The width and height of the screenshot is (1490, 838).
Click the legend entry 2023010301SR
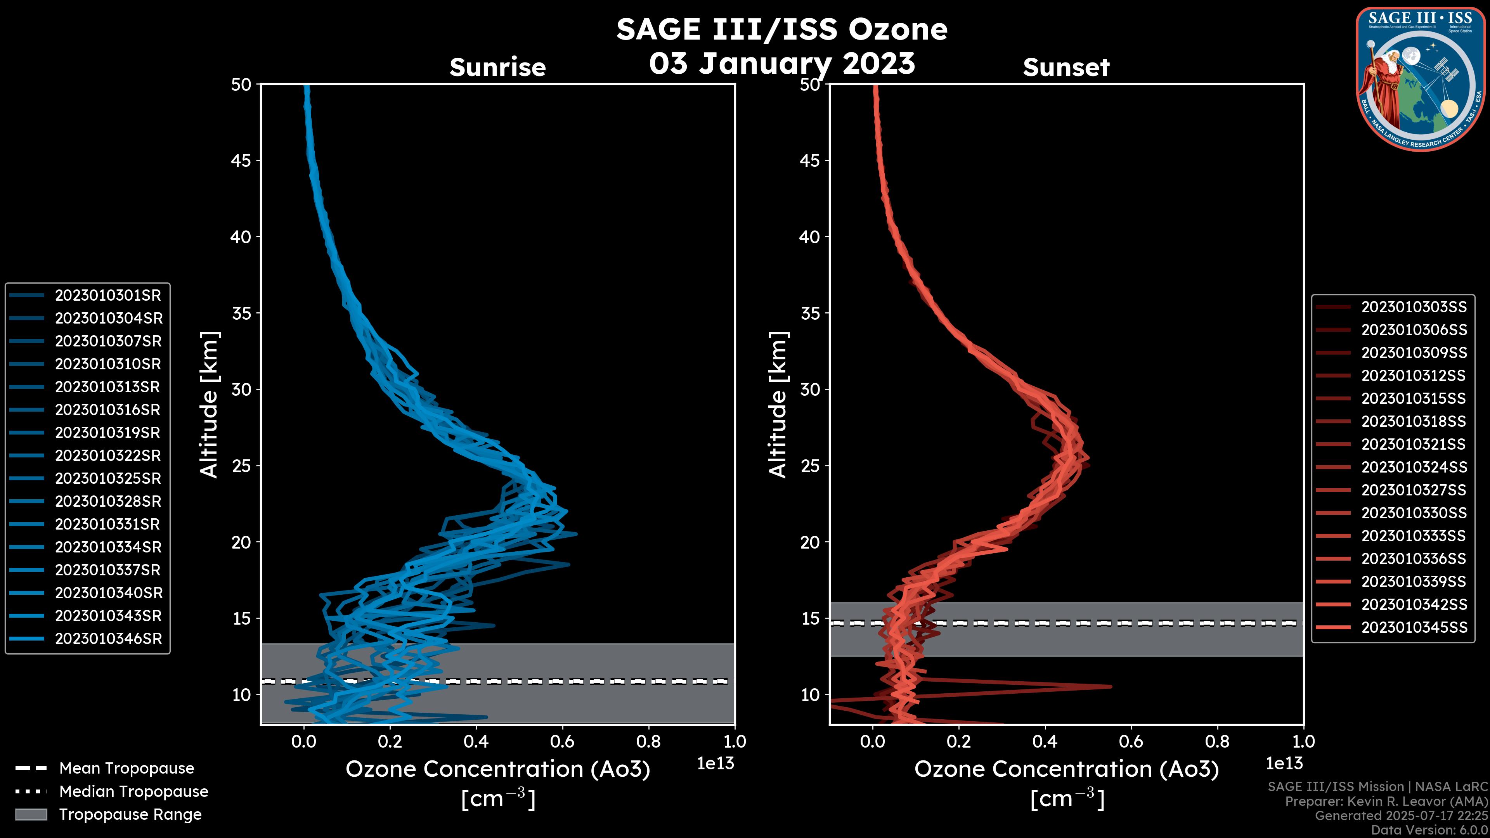pos(107,296)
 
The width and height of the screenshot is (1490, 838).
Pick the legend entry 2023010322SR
pos(107,456)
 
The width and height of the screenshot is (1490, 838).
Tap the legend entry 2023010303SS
pos(1414,307)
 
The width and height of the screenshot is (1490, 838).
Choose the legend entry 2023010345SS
pos(1414,627)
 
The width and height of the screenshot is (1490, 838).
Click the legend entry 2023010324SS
pos(1414,467)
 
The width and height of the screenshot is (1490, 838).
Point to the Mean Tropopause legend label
pos(126,769)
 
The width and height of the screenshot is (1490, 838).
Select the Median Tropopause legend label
pos(133,792)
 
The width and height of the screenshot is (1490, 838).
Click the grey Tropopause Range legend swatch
pos(31,814)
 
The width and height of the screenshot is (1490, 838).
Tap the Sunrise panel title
pos(497,68)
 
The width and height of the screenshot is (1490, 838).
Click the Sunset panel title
pos(1066,68)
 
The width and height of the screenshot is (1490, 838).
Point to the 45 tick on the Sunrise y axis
pos(241,161)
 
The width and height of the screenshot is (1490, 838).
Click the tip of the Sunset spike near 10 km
pos(1111,686)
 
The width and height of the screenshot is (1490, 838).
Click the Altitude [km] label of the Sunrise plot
pos(210,404)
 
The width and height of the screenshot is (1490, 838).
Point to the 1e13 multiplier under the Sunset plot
pos(1284,764)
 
